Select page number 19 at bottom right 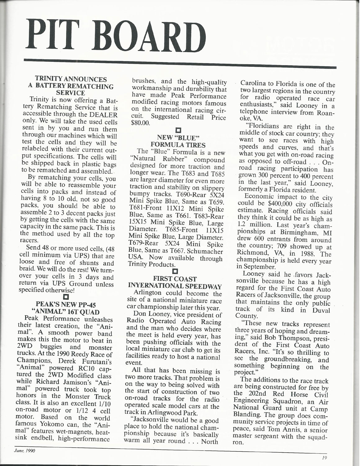[x=325, y=457]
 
